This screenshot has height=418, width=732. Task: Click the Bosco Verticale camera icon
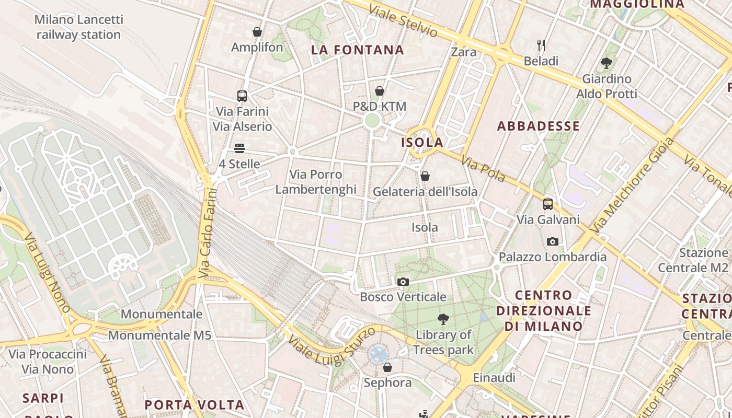pos(403,282)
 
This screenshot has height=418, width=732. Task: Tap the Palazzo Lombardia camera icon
pos(552,241)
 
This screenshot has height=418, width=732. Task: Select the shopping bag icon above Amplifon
pos(257,32)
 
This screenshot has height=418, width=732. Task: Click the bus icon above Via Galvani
pos(548,204)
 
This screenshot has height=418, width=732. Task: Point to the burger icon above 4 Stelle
pos(239,148)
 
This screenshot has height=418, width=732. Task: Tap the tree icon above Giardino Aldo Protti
pos(607,63)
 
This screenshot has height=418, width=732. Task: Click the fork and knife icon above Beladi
pos(541,45)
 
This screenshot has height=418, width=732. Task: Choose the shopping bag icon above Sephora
pos(387,367)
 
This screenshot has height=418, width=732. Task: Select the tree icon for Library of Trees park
pos(443,319)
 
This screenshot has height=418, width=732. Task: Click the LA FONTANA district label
pos(358,50)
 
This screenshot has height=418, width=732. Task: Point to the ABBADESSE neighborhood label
pos(538,126)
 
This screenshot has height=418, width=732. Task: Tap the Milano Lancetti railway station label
pos(79,27)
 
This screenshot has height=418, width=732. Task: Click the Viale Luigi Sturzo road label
pos(331,346)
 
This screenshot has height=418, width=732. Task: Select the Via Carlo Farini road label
pos(208,233)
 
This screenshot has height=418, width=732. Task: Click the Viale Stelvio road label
pos(403,21)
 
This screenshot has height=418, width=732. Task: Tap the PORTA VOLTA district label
pos(195,405)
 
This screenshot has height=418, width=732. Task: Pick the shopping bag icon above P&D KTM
pos(380,91)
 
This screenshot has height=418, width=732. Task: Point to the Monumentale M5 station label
pos(160,335)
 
